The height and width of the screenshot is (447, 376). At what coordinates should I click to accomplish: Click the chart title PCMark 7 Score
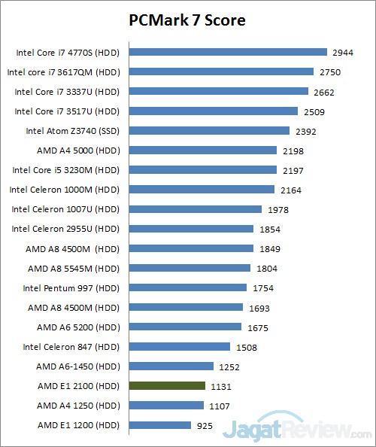187,20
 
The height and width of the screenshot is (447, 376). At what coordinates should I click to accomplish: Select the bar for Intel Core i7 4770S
228,53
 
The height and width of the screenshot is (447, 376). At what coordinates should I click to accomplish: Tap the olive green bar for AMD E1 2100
167,385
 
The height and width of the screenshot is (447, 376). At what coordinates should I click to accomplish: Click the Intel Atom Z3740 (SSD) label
72,131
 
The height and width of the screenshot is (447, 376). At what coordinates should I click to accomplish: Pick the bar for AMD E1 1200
160,425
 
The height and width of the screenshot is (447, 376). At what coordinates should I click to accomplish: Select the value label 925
205,425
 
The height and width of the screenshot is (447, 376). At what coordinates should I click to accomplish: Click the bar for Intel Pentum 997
188,287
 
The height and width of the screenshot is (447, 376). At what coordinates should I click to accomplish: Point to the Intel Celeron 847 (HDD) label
71,346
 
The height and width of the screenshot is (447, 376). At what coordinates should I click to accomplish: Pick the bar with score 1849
191,248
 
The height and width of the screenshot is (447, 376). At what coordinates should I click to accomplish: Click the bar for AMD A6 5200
185,327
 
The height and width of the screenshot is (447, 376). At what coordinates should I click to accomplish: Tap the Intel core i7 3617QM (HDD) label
63,72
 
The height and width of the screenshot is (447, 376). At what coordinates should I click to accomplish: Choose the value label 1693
259,307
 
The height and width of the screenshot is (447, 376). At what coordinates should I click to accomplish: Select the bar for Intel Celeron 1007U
196,209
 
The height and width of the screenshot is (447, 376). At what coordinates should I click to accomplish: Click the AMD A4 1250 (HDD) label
78,405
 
